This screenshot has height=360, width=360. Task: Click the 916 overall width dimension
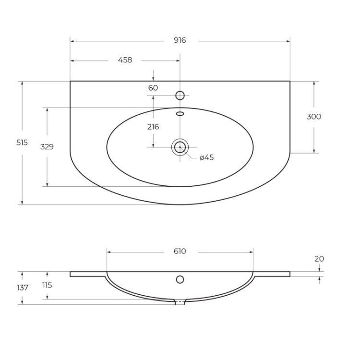click(x=180, y=41)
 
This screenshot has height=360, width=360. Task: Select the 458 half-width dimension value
click(x=125, y=60)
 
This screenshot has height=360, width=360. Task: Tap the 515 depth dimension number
click(x=22, y=143)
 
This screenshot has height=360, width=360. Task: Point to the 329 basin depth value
click(x=47, y=147)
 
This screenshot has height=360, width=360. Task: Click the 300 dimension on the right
click(x=314, y=117)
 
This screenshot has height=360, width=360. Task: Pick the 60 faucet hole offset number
click(x=153, y=88)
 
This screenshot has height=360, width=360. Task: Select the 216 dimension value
click(x=153, y=127)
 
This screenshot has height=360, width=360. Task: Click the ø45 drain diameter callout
click(x=206, y=157)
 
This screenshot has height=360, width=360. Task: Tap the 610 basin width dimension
click(x=180, y=251)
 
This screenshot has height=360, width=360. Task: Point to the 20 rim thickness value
click(x=319, y=259)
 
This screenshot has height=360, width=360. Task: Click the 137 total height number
click(x=22, y=288)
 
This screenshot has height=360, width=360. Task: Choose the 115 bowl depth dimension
click(x=47, y=285)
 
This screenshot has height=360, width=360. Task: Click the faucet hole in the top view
click(x=180, y=96)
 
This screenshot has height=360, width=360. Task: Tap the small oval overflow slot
click(x=180, y=114)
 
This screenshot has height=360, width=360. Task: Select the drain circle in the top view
click(x=180, y=147)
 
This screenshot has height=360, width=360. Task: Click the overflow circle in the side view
click(x=180, y=279)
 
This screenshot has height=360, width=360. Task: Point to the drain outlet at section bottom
click(x=180, y=302)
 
